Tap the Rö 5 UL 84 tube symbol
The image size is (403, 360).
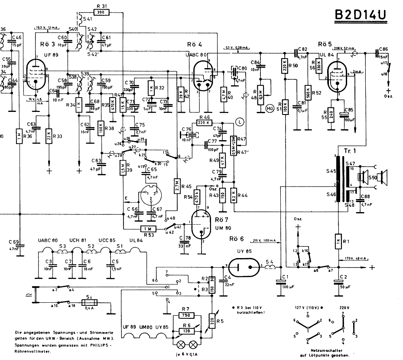pos(338,76)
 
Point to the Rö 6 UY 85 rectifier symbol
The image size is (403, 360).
pos(244,266)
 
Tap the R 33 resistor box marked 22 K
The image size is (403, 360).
pos(49,137)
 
